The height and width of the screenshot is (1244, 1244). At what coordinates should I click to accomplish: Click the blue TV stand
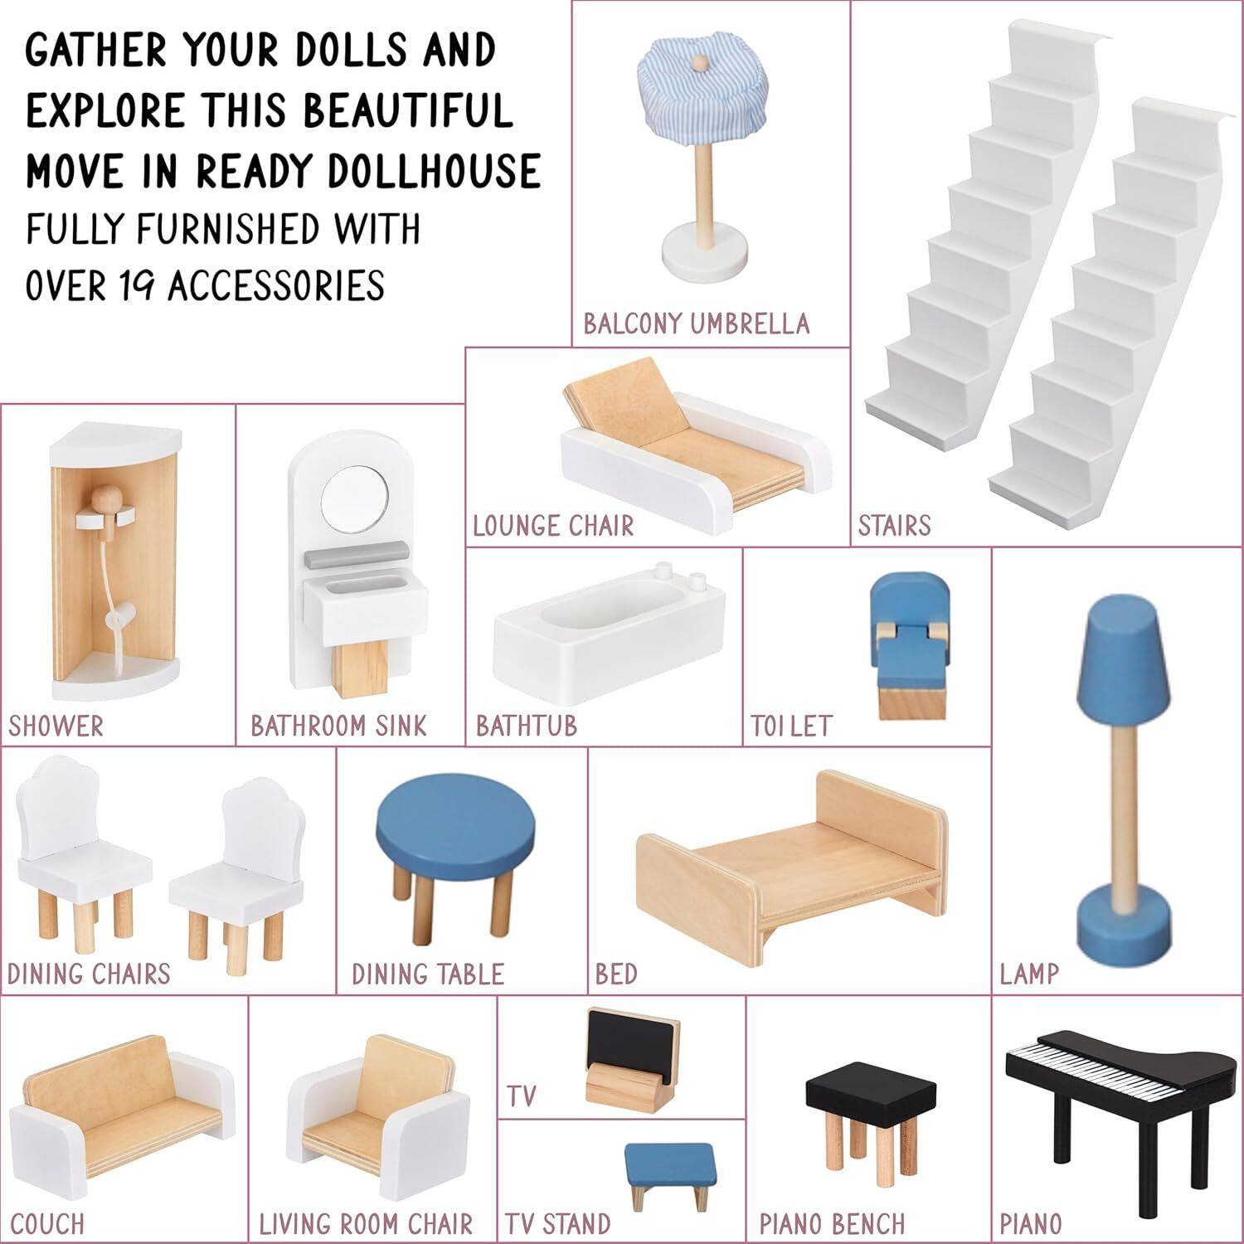click(668, 1162)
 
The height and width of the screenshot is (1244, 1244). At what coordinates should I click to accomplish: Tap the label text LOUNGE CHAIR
click(553, 526)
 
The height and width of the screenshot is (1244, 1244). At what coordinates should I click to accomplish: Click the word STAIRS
click(894, 526)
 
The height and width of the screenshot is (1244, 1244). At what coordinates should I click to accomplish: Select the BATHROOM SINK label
click(338, 726)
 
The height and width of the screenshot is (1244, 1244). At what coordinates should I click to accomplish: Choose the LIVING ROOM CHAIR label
click(366, 1224)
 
